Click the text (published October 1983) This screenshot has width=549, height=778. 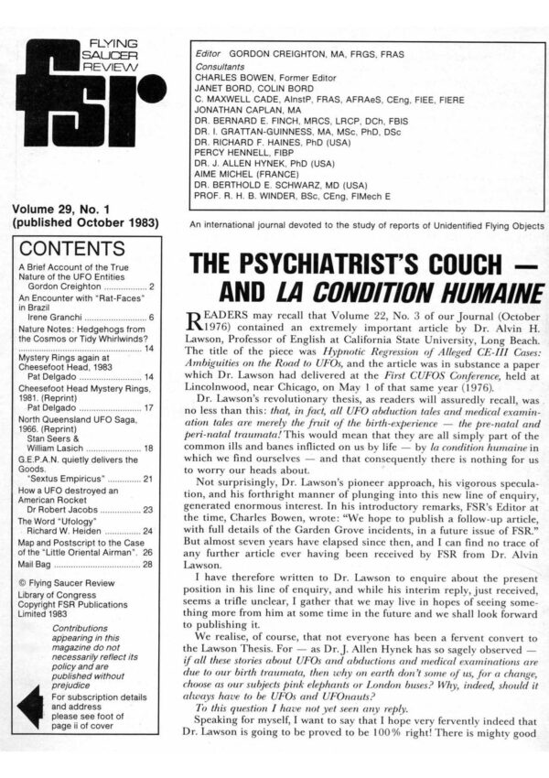pos(82,225)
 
